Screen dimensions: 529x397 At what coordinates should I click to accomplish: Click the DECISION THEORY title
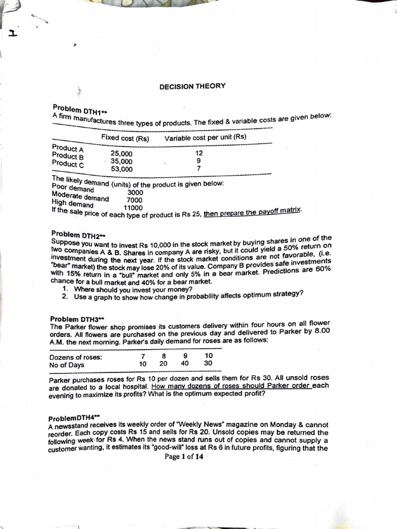[192, 86]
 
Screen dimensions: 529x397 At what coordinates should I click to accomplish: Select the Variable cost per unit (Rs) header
[205, 137]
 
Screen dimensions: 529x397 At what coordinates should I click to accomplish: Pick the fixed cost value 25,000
[121, 153]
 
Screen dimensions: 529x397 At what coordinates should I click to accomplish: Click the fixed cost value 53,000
[121, 168]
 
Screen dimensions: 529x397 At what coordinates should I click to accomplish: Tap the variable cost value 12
[199, 153]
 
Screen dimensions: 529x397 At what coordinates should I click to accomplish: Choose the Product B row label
[68, 155]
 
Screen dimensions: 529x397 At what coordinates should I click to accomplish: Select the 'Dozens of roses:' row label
[75, 357]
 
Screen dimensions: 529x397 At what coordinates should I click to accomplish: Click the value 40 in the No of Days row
[185, 364]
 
